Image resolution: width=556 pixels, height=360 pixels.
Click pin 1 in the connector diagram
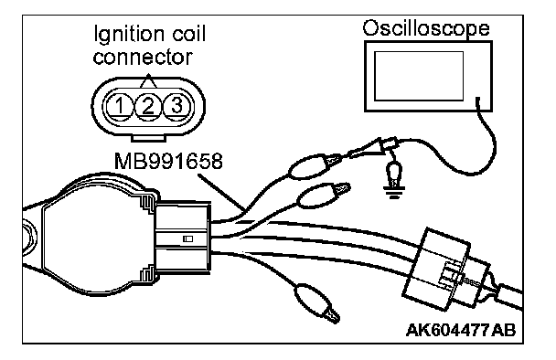pos(119,106)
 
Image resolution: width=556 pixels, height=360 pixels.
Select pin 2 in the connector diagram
pos(148,106)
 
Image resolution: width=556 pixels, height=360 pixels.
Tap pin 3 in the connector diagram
pos(176,106)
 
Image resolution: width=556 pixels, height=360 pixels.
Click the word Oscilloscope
pos(426,28)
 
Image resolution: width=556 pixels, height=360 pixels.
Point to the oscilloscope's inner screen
pos(419,76)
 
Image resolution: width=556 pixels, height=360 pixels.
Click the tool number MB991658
pos(168,161)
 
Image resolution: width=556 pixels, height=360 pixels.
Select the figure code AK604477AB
pos(461,330)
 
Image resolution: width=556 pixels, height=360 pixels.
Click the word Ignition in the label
pos(130,35)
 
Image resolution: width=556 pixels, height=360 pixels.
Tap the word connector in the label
pos(143,58)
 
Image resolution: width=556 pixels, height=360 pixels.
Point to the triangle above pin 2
pos(148,81)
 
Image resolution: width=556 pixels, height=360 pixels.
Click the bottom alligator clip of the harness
pos(316,302)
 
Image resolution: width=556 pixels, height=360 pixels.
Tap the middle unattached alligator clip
pos(322,196)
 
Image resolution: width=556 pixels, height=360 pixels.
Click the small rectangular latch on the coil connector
pos(188,239)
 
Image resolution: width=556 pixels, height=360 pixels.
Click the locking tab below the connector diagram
pos(148,138)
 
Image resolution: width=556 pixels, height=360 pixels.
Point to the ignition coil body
pos(96,236)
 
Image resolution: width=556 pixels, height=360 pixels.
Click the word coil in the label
pos(189,35)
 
